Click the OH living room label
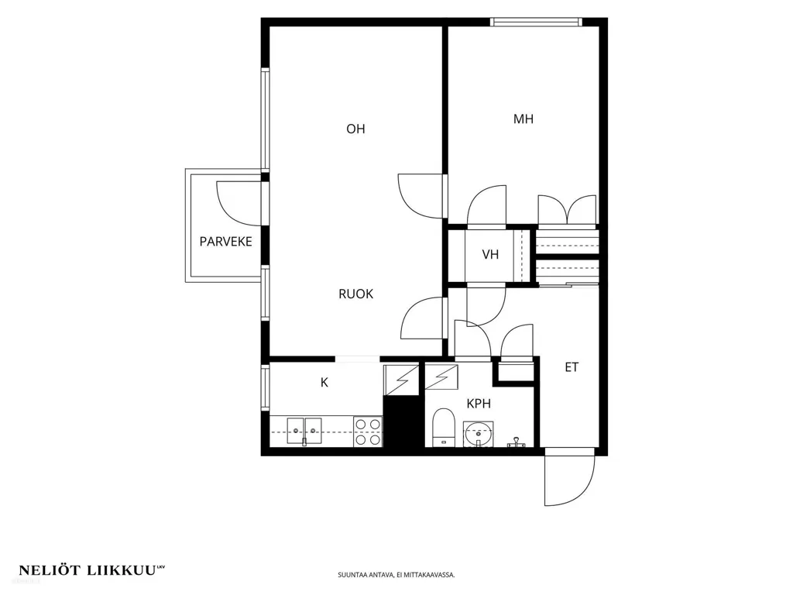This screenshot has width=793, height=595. click(355, 129)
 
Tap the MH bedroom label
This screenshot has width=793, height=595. click(524, 119)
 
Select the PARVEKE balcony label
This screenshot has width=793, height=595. click(225, 242)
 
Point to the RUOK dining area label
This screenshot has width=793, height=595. click(355, 294)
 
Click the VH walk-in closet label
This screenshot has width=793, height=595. click(490, 254)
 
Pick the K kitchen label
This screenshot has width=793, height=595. click(324, 383)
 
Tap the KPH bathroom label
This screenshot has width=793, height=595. click(479, 404)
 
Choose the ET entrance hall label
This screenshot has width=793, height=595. click(572, 367)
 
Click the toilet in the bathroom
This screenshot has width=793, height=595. click(444, 427)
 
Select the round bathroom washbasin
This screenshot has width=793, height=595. click(478, 434)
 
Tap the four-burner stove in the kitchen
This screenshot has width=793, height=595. click(368, 432)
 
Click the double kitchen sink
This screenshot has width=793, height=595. click(304, 431)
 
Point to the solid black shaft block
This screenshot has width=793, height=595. click(403, 421)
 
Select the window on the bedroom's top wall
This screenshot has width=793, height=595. click(536, 22)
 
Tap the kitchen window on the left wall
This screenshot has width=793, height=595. click(266, 387)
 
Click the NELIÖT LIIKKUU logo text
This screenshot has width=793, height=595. click(92, 570)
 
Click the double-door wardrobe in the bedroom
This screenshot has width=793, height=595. click(568, 209)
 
